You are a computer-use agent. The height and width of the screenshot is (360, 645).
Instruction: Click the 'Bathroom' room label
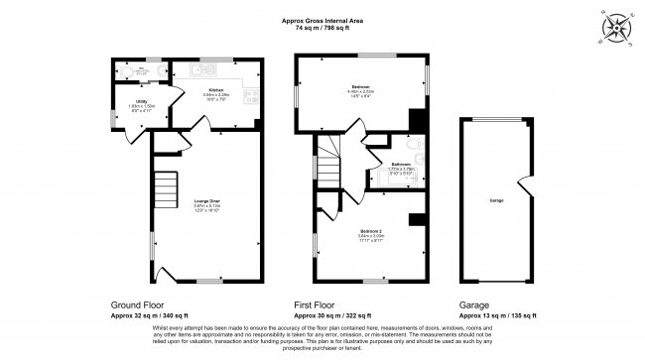pos(402,164)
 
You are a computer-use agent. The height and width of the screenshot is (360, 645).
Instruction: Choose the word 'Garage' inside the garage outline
pos(495,200)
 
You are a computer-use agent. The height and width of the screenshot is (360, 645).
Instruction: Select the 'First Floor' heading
pos(320,305)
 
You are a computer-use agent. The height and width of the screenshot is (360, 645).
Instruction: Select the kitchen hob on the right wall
pos(254,98)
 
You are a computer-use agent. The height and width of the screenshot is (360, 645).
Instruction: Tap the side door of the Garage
pos(523,184)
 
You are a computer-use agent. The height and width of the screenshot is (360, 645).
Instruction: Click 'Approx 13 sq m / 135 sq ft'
pos(496,315)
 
